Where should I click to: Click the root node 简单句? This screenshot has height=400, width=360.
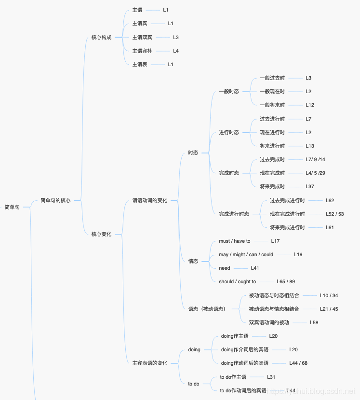pyautogui.click(x=12, y=207)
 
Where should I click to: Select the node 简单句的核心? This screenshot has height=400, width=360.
pyautogui.click(x=55, y=200)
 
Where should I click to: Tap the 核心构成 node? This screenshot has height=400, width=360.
pyautogui.click(x=101, y=37)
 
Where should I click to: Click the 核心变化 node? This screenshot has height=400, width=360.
pyautogui.click(x=101, y=234)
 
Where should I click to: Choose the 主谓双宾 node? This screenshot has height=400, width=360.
pyautogui.click(x=142, y=37)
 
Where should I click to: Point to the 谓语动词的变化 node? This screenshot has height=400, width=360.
pyautogui.click(x=150, y=200)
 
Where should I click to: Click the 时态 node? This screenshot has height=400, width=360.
pyautogui.click(x=193, y=152)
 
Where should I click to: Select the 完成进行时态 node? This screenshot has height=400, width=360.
pyautogui.click(x=234, y=214)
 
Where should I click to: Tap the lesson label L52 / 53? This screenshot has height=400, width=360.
pyautogui.click(x=334, y=214)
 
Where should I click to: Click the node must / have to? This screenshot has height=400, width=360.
pyautogui.click(x=235, y=241)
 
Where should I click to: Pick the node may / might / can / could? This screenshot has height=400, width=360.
pyautogui.click(x=246, y=254)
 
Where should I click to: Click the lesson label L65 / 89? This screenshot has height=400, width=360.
pyautogui.click(x=286, y=281)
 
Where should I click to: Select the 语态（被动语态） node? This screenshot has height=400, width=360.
pyautogui.click(x=207, y=309)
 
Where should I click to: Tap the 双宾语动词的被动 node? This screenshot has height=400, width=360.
pyautogui.click(x=269, y=322)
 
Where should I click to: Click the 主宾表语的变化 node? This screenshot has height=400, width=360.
pyautogui.click(x=150, y=363)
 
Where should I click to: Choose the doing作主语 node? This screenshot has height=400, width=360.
pyautogui.click(x=235, y=336)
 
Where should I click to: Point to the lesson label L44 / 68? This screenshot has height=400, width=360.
pyautogui.click(x=298, y=363)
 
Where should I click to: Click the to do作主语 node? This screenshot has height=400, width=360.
pyautogui.click(x=233, y=377)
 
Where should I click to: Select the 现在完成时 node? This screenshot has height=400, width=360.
pyautogui.click(x=272, y=173)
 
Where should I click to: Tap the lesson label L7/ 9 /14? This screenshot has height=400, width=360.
pyautogui.click(x=315, y=159)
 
